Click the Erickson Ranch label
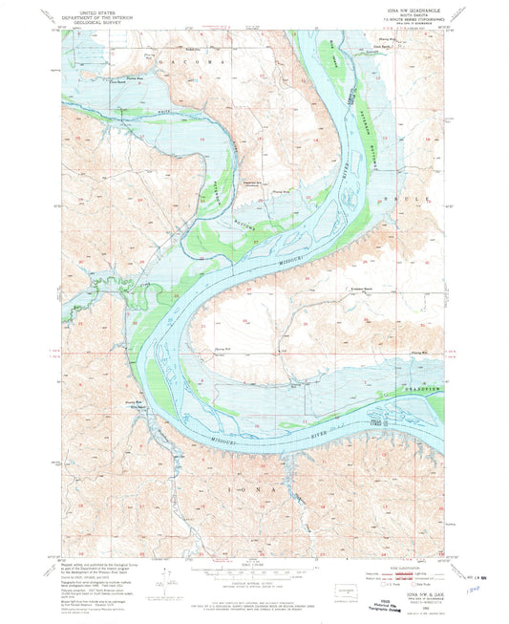point(359,289)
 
